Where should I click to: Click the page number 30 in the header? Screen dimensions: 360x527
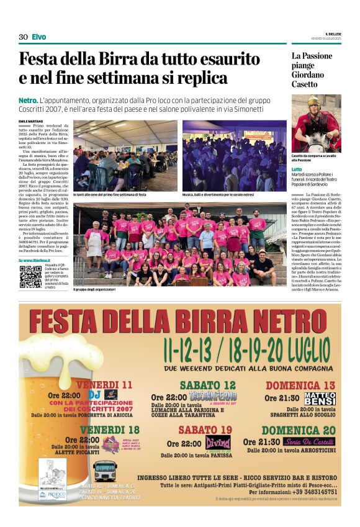(x=23, y=37)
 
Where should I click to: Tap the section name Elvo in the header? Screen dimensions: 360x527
(x=38, y=37)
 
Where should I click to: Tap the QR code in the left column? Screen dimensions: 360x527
(x=30, y=276)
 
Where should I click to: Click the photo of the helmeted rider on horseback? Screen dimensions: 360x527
(x=317, y=123)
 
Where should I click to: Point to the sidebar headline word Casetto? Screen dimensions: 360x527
(x=304, y=84)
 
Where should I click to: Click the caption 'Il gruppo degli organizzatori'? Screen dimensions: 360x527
(x=94, y=289)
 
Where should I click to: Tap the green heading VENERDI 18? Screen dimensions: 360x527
(x=110, y=430)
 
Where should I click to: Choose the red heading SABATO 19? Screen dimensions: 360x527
(x=205, y=429)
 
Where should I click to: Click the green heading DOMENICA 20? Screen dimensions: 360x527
(x=298, y=430)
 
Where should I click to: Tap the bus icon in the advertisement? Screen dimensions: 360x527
(x=106, y=470)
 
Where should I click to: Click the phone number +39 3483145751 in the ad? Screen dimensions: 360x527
(x=307, y=490)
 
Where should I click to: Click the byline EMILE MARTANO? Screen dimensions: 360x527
(x=31, y=120)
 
